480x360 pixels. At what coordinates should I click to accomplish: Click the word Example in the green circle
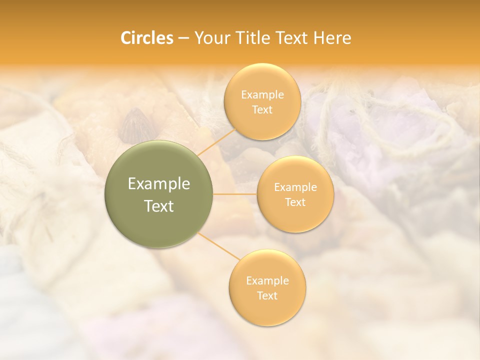pyautogui.click(x=158, y=184)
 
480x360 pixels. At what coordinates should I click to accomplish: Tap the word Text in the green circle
pyautogui.click(x=158, y=206)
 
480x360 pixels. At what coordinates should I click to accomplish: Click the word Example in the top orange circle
pyautogui.click(x=262, y=94)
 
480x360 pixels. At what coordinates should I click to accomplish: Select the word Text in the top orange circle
pyautogui.click(x=262, y=109)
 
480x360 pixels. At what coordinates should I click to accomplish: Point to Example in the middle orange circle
pyautogui.click(x=295, y=187)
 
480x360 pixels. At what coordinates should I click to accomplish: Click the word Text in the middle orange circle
pyautogui.click(x=295, y=202)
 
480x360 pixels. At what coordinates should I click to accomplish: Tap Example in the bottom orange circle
pyautogui.click(x=267, y=280)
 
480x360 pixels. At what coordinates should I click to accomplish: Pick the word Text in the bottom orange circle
pyautogui.click(x=267, y=295)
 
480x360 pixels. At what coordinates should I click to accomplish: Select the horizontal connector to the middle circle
pyautogui.click(x=235, y=194)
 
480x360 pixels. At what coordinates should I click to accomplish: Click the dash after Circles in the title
pyautogui.click(x=183, y=38)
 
